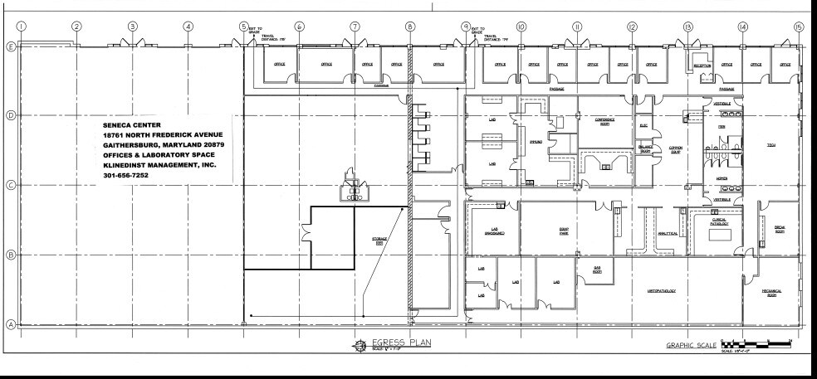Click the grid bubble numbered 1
point(20,26)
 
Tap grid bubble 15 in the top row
point(799,26)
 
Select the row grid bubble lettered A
point(11,324)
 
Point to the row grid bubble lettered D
point(11,114)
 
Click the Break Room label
point(780,231)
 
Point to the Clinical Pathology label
point(719,221)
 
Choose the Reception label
point(702,64)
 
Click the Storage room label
point(379,241)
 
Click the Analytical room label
point(669,234)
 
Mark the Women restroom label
point(722,178)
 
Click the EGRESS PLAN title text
point(399,343)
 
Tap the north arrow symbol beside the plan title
point(359,345)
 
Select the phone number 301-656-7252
point(131,175)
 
